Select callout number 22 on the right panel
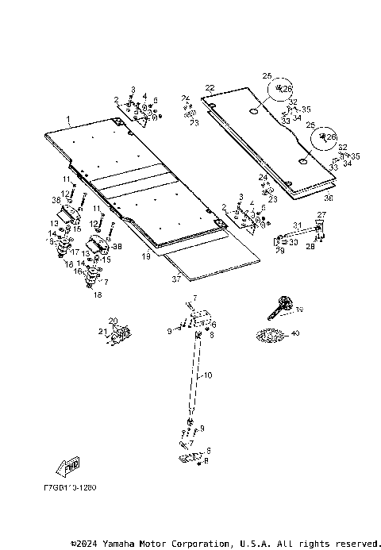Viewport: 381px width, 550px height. tap(210, 87)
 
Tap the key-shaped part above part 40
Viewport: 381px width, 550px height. tap(280, 304)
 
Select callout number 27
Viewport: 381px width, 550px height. tap(321, 215)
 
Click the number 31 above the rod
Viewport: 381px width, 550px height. tap(297, 225)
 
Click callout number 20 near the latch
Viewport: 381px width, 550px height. tap(113, 321)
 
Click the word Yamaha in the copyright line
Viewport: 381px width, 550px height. tap(122, 544)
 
